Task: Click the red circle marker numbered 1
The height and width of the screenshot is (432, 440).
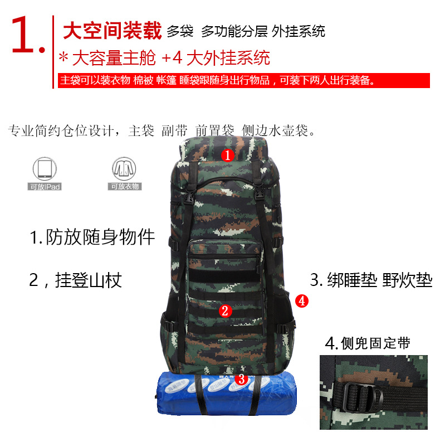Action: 227,154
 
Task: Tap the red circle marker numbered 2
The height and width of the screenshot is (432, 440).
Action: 225,311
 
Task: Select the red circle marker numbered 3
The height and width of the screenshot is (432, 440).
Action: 241,379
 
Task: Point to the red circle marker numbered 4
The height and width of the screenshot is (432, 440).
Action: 301,301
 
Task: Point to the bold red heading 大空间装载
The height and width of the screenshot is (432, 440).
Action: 111,31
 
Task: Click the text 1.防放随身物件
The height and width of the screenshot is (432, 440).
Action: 92,237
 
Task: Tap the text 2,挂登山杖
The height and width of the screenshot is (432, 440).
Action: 75,279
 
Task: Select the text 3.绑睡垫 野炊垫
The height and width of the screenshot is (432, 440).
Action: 371,280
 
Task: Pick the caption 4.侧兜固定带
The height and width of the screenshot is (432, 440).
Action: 368,343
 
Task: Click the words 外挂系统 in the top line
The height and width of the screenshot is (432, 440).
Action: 299,31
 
